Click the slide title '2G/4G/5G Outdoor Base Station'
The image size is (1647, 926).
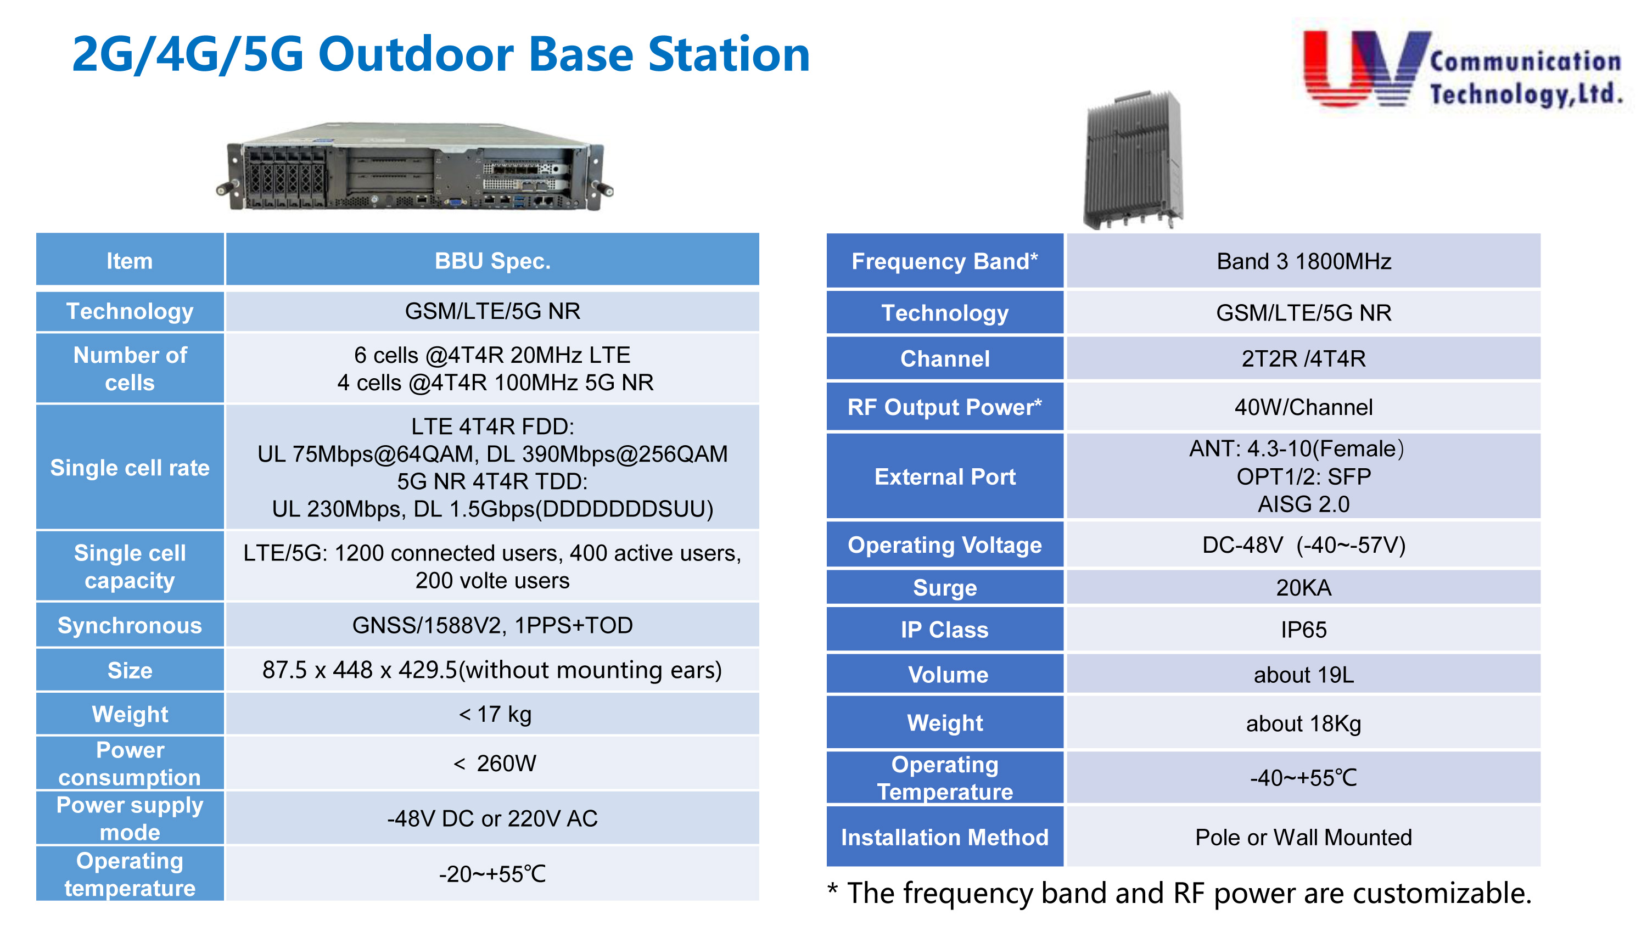[440, 54]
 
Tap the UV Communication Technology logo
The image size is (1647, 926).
[1463, 69]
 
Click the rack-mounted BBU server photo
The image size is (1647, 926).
[415, 167]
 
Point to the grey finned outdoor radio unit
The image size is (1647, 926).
[1133, 160]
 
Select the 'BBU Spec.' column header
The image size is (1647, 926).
[492, 260]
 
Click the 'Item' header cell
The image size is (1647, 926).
[130, 260]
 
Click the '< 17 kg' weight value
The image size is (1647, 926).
[494, 714]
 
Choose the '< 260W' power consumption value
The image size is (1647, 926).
[494, 763]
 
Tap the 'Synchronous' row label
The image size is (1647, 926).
[130, 625]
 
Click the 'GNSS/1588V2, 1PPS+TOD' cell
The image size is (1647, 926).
[492, 625]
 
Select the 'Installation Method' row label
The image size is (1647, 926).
[944, 837]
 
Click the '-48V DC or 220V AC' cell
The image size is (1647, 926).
[492, 818]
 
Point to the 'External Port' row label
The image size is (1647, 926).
[944, 476]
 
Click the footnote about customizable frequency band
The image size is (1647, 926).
[1180, 893]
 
